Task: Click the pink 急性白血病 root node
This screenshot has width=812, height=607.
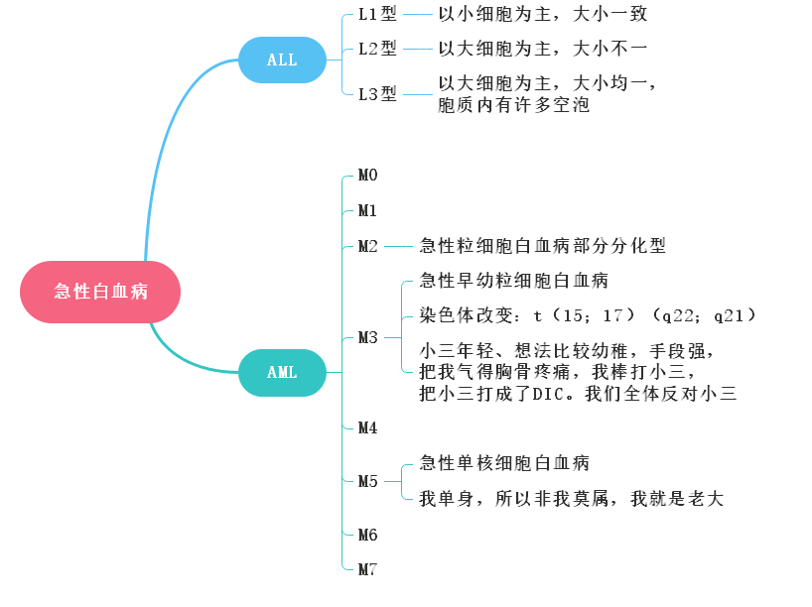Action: pyautogui.click(x=100, y=292)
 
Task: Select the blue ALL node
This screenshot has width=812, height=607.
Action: pyautogui.click(x=282, y=60)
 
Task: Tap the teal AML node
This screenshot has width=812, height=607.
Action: pyautogui.click(x=282, y=373)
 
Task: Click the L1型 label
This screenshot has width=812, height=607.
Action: pyautogui.click(x=377, y=15)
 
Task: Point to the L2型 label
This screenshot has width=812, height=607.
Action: pyautogui.click(x=377, y=48)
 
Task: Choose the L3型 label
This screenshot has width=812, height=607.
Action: pyautogui.click(x=377, y=94)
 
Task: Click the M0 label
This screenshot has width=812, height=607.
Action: pyautogui.click(x=368, y=176)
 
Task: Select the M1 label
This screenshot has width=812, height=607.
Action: pyautogui.click(x=368, y=210)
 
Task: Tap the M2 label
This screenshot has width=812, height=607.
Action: pyautogui.click(x=368, y=246)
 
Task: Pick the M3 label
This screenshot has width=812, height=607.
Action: pyautogui.click(x=368, y=337)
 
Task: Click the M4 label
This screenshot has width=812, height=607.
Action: pyautogui.click(x=368, y=427)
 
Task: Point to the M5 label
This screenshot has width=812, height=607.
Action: pyautogui.click(x=368, y=481)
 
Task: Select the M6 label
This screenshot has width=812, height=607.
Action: pyautogui.click(x=368, y=535)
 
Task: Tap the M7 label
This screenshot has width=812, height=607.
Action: pyautogui.click(x=368, y=569)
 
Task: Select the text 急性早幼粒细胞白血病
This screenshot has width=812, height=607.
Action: pyautogui.click(x=514, y=281)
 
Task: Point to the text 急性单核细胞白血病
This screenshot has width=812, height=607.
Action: pyautogui.click(x=504, y=463)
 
